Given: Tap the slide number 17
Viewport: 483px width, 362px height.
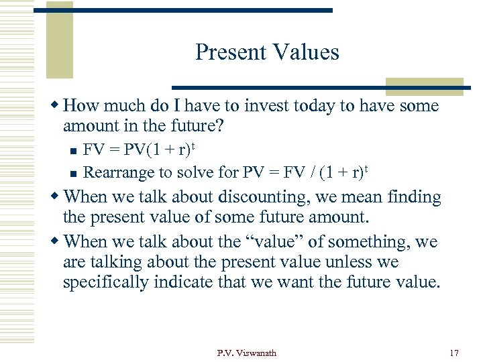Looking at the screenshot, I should pos(453,353).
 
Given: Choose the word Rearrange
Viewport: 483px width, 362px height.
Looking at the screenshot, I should pos(119,172).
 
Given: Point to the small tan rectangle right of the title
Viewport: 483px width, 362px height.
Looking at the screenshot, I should pos(423,86).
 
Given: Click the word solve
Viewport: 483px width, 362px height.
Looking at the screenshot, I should pos(198,172).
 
